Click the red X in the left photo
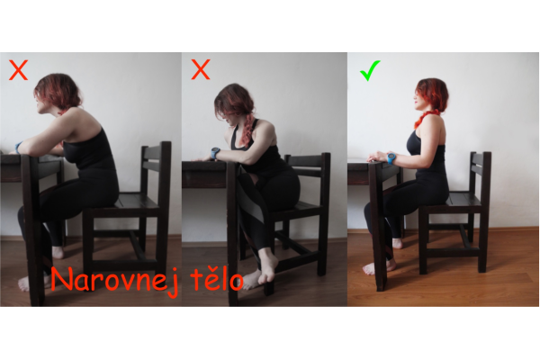pos(18,70)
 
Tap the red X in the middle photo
pos(201,69)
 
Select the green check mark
pos(370,70)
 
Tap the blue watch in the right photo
pos(391,158)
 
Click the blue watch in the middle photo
pos(215,153)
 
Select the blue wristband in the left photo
pos(18,147)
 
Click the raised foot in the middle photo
pos(267,265)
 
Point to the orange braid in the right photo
pos(426,118)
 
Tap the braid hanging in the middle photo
pos(247,130)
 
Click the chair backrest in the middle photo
pos(308,166)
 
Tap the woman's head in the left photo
pos(57,93)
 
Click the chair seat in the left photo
pos(132,202)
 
